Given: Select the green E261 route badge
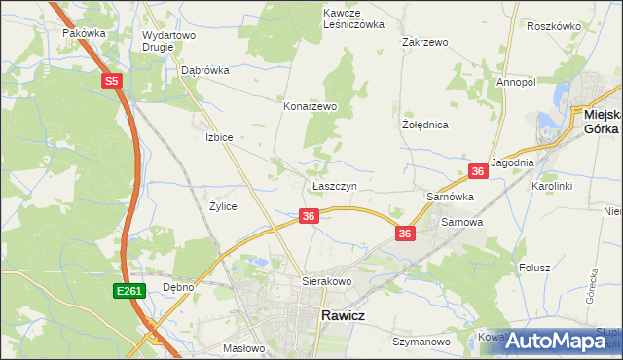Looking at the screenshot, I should click(128, 291).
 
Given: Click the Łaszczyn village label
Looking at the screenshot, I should click(335, 185).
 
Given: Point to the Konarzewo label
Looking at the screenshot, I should click(310, 106).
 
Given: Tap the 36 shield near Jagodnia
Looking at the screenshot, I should click(478, 171).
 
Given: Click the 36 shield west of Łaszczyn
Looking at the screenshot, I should click(308, 216).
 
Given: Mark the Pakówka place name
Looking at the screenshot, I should click(84, 32).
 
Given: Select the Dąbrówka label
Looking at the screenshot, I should click(204, 70).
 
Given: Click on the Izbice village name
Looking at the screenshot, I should click(219, 137).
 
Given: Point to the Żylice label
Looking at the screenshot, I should click(223, 206).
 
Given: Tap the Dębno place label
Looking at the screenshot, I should click(178, 287).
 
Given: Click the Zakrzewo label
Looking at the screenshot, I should click(424, 43).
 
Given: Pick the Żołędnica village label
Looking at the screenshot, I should click(424, 126).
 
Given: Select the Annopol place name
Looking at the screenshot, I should click(516, 83).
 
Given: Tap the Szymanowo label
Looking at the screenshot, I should click(421, 342).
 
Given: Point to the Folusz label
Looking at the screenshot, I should click(534, 267).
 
